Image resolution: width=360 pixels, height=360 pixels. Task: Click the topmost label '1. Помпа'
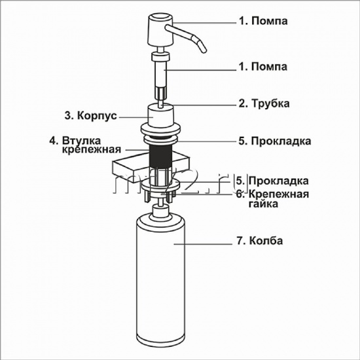pyautogui.click(x=263, y=21)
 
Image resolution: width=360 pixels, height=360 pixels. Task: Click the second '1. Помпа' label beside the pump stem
pyautogui.click(x=263, y=67)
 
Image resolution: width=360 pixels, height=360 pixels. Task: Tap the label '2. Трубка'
pyautogui.click(x=264, y=103)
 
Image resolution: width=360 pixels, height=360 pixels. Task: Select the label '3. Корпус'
pyautogui.click(x=90, y=115)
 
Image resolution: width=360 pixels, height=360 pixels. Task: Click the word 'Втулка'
pyautogui.click(x=82, y=141)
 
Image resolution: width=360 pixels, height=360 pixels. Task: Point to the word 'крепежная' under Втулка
pyautogui.click(x=92, y=149)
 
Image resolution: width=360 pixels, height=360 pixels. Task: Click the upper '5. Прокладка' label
pyautogui.click(x=275, y=141)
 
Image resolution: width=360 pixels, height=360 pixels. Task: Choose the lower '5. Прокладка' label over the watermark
pyautogui.click(x=272, y=181)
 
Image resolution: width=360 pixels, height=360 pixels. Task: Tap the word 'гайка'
pyautogui.click(x=263, y=204)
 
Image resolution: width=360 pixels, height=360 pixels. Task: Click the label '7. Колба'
pyautogui.click(x=260, y=241)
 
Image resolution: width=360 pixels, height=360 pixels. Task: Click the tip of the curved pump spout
pyautogui.click(x=204, y=51)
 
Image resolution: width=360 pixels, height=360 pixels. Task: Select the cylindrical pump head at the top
pyautogui.click(x=160, y=30)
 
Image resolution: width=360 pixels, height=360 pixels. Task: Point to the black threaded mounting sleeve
pyautogui.click(x=160, y=156)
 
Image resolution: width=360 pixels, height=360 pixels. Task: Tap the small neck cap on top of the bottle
pyautogui.click(x=160, y=211)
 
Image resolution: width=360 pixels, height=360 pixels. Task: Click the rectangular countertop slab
pyautogui.click(x=152, y=167)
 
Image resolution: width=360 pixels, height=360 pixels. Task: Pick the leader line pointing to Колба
pyautogui.click(x=203, y=244)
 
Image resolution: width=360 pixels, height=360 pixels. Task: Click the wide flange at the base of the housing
pyautogui.click(x=160, y=129)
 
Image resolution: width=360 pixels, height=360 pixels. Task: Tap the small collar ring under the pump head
pyautogui.click(x=160, y=57)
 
